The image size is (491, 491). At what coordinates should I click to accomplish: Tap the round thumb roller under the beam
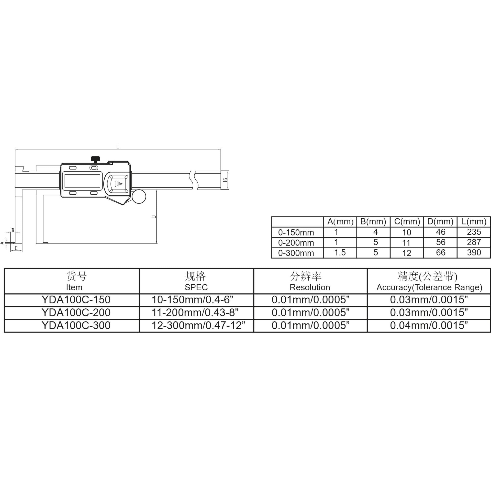point(139,197)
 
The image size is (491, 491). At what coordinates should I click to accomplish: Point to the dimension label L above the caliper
point(118,147)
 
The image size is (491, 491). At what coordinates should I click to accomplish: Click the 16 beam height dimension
point(225,180)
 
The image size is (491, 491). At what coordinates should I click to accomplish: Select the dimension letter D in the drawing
point(154,217)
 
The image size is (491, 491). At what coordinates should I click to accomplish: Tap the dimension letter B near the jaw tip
point(13,230)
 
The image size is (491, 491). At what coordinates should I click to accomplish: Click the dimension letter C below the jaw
point(16,248)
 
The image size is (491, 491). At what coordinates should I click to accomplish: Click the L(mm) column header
point(474,221)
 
